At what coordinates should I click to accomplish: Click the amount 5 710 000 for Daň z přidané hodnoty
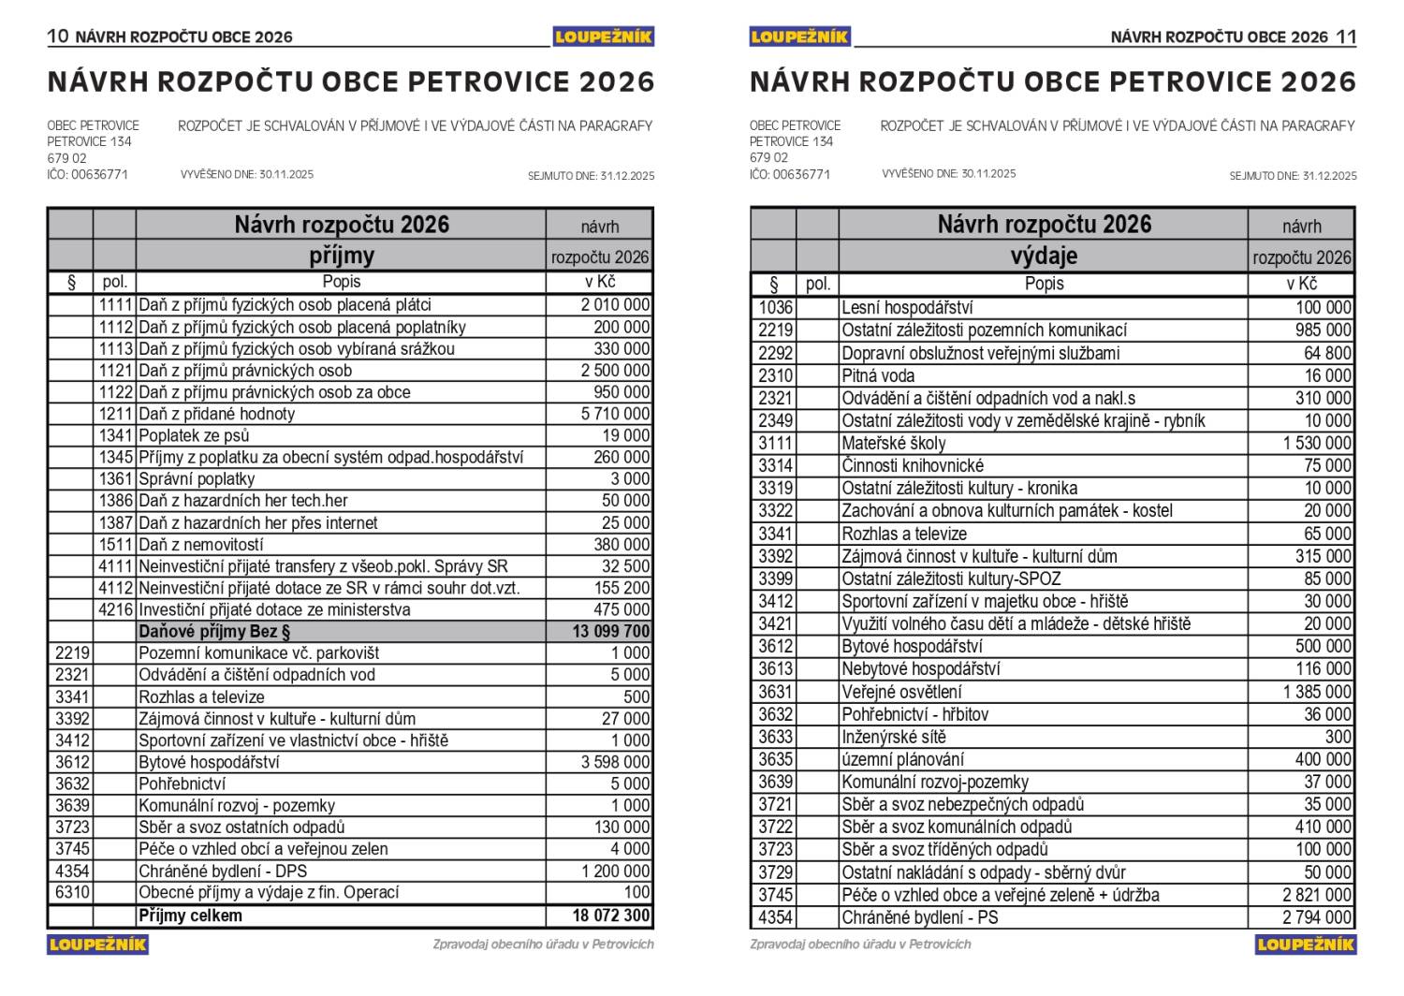tap(615, 414)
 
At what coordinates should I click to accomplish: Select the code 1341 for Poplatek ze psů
tap(116, 435)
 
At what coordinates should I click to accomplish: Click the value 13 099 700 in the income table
tap(611, 632)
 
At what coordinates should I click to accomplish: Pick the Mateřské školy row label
tap(893, 444)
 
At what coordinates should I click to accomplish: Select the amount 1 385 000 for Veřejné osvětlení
tap(1317, 692)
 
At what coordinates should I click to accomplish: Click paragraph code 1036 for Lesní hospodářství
tap(775, 308)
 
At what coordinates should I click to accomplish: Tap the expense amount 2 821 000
tap(1317, 895)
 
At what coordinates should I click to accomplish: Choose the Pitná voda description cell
tap(878, 375)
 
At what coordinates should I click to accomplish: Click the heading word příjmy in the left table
tap(342, 256)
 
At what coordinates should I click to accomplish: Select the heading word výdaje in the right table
tap(1044, 256)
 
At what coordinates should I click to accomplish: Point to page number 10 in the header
tap(58, 37)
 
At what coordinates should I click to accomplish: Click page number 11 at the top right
tap(1346, 37)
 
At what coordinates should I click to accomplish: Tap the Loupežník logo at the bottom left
tap(97, 944)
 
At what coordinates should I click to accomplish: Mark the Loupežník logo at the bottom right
tap(1306, 944)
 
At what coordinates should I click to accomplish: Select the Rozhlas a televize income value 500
tap(636, 697)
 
